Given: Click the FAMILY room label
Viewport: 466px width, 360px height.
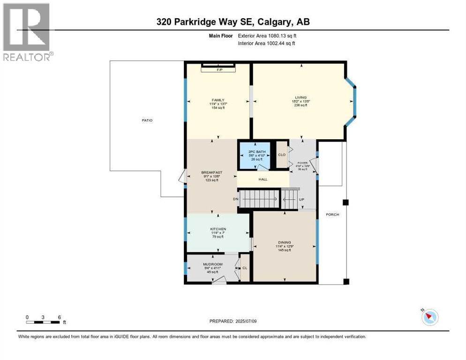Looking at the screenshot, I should pos(218,100).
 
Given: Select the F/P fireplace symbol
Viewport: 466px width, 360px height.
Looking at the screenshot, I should pos(218,70).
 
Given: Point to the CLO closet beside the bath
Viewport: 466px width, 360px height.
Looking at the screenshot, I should pos(282,154).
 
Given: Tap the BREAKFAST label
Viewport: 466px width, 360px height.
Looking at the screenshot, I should pos(211,172).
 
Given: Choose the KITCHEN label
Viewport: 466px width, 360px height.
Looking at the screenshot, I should pos(218,229).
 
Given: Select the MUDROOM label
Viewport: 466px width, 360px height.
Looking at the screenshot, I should pos(212,264).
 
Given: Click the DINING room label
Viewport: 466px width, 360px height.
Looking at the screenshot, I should pos(284,243).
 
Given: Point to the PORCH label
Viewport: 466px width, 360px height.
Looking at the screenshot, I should pos(333,214).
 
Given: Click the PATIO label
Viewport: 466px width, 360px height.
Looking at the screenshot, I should pos(147,120).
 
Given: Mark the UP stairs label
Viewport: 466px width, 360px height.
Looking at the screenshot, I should pos(301,199).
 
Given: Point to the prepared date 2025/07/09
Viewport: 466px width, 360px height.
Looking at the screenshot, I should pos(233,321).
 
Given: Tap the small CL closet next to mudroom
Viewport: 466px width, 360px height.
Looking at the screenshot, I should pos(245,268).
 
